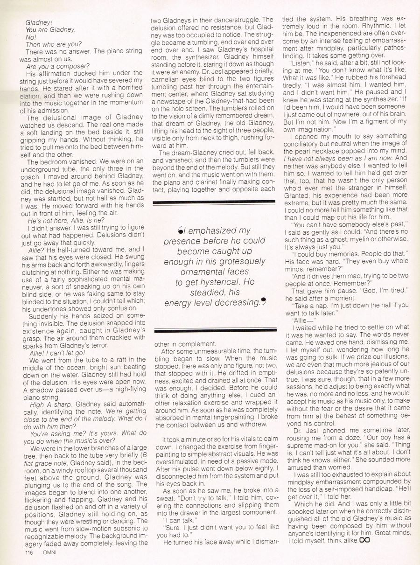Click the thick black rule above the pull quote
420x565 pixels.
click(214, 202)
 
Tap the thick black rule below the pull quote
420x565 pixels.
click(214, 331)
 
